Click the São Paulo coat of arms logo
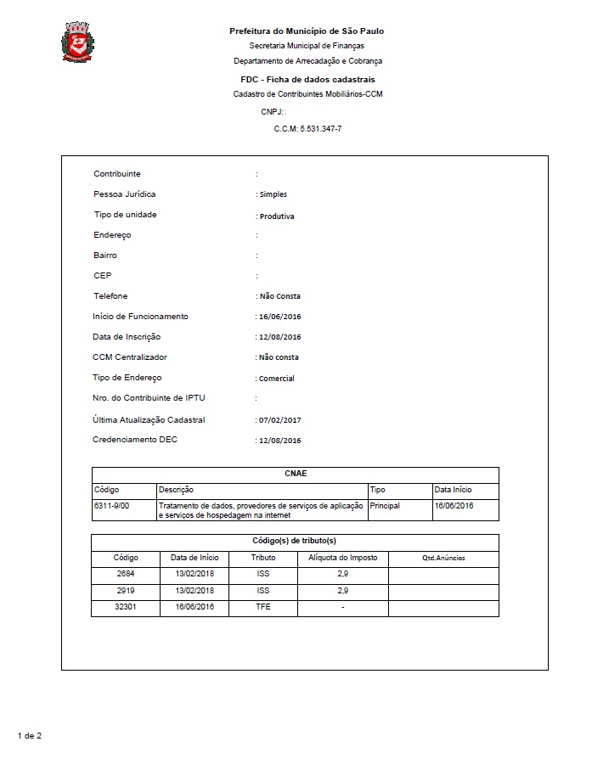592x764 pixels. [78, 42]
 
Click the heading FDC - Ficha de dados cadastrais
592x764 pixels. [307, 79]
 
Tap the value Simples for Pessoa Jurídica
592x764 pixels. [273, 194]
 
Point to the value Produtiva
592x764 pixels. [277, 216]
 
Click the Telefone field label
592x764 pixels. [110, 296]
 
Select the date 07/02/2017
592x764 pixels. [279, 420]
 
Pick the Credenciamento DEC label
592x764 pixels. [135, 440]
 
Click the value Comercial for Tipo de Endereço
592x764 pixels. [277, 379]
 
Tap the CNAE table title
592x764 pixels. [295, 475]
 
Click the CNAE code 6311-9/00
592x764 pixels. [111, 506]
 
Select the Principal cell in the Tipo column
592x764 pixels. [385, 506]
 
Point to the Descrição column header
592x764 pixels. [176, 490]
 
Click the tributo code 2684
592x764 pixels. [126, 574]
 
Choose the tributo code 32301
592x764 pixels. [126, 607]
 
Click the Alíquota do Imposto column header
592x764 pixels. [342, 558]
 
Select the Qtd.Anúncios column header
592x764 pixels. [443, 558]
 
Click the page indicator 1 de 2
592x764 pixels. [29, 735]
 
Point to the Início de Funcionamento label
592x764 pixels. [140, 317]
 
